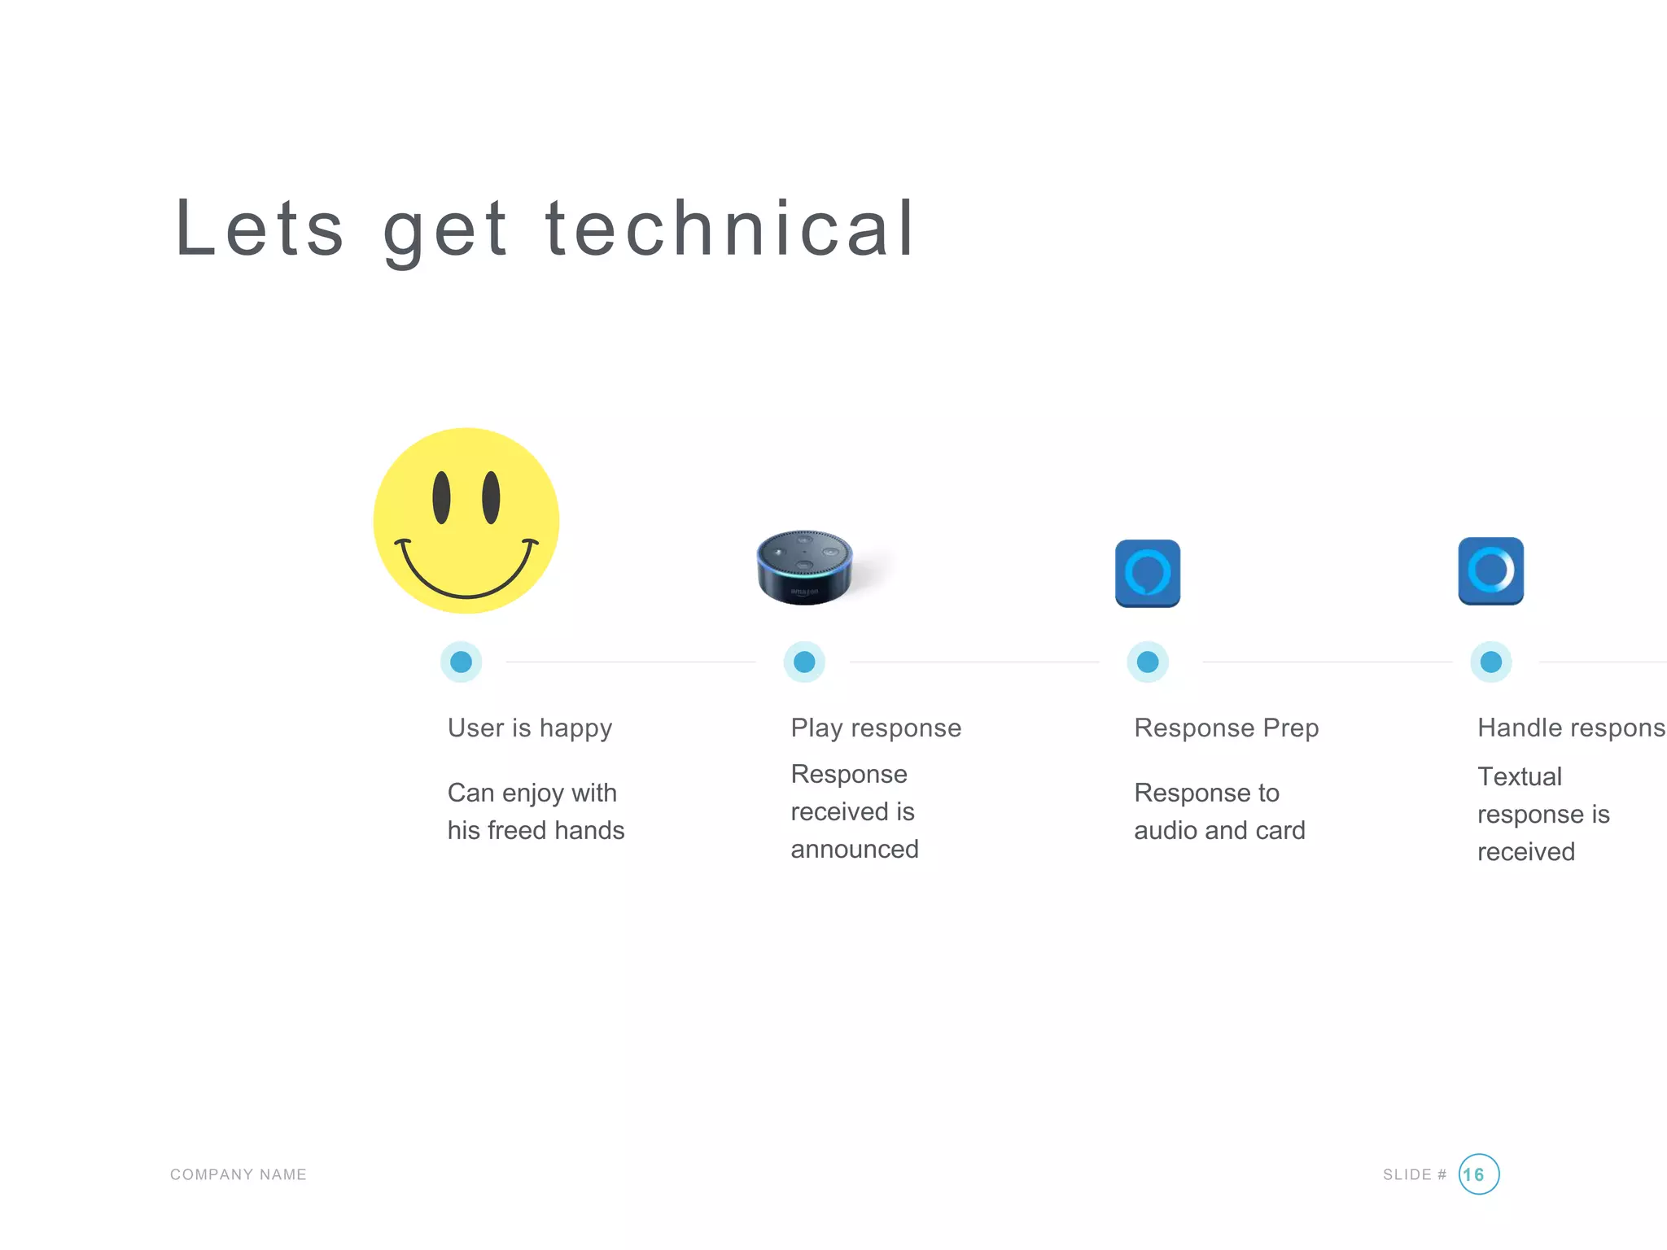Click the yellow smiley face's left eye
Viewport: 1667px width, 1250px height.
click(441, 497)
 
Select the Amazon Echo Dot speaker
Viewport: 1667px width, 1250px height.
click(804, 567)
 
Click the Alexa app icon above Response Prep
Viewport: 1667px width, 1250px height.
click(1148, 573)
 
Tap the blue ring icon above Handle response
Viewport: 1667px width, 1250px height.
click(1490, 570)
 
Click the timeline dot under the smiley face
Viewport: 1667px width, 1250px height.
click(462, 662)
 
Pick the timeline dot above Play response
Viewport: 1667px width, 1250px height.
click(804, 662)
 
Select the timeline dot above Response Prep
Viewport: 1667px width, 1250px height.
click(1148, 662)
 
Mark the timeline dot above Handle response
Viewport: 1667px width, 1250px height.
click(1490, 662)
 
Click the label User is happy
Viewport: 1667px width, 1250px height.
click(530, 728)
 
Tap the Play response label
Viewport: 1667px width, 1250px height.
click(876, 728)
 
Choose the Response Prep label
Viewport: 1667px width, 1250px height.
click(1226, 728)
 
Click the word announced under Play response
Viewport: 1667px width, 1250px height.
click(855, 849)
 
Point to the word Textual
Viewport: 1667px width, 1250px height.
click(1520, 776)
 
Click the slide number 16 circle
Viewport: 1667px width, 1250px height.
click(1478, 1174)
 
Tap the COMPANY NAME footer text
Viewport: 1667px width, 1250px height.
click(238, 1174)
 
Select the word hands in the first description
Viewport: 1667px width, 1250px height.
click(589, 830)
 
